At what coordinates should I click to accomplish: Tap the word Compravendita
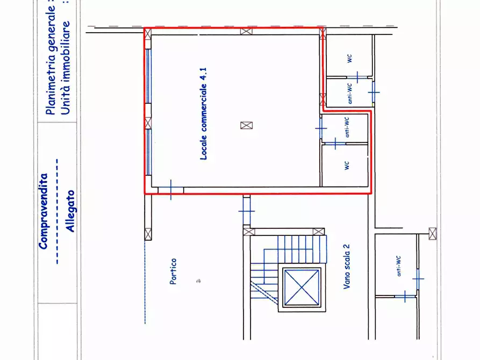pos(44,211)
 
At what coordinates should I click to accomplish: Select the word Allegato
pos(70,211)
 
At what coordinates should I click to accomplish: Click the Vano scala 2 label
pos(347,267)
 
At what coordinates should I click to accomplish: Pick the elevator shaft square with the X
pos(302,287)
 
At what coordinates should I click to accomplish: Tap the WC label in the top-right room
pos(350,59)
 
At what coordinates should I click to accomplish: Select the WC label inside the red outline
pos(347,165)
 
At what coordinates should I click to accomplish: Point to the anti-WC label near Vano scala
pos(398,265)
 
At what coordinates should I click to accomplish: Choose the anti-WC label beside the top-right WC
pos(349,92)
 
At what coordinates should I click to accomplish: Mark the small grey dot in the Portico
pos(199,280)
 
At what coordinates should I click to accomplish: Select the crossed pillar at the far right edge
pos(432,234)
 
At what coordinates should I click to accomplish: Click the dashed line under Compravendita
pos(56,211)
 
